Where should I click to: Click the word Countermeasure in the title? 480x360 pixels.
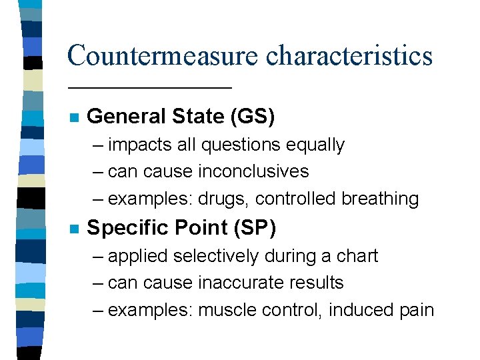pos(162,55)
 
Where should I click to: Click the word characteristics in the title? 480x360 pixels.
pos(349,55)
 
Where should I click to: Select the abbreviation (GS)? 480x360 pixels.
pos(251,117)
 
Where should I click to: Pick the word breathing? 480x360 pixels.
pos(380,199)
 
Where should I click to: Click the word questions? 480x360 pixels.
pos(240,145)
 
